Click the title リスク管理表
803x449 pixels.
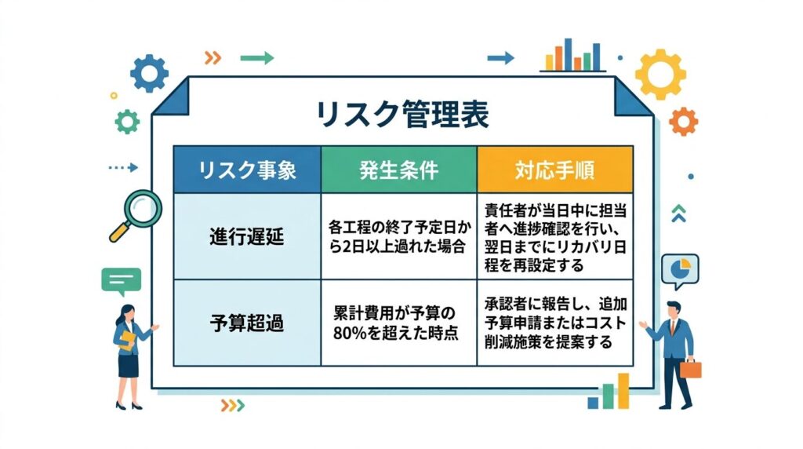[402, 114]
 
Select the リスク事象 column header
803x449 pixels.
[247, 170]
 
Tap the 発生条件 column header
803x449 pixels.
[399, 170]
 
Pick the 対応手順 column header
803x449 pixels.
[555, 170]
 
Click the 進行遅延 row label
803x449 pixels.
[247, 237]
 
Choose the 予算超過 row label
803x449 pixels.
[247, 323]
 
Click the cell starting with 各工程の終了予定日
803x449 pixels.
[399, 236]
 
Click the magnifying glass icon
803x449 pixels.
[136, 215]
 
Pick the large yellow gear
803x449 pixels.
[660, 75]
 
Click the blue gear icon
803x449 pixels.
[149, 73]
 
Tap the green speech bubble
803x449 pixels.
[122, 281]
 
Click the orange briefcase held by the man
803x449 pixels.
[690, 368]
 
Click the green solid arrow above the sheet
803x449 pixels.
[257, 58]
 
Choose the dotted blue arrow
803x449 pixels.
[123, 168]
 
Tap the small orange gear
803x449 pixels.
[684, 122]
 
